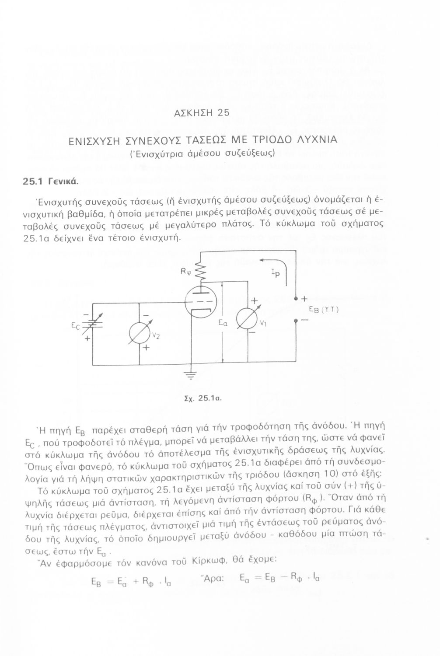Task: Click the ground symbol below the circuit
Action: pos(191,375)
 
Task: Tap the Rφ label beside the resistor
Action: pos(185,271)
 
